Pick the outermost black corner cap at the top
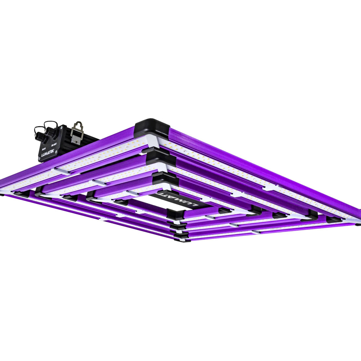pos(152,127)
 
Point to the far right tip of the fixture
pos(359,221)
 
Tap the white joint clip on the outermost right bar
pos(270,187)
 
